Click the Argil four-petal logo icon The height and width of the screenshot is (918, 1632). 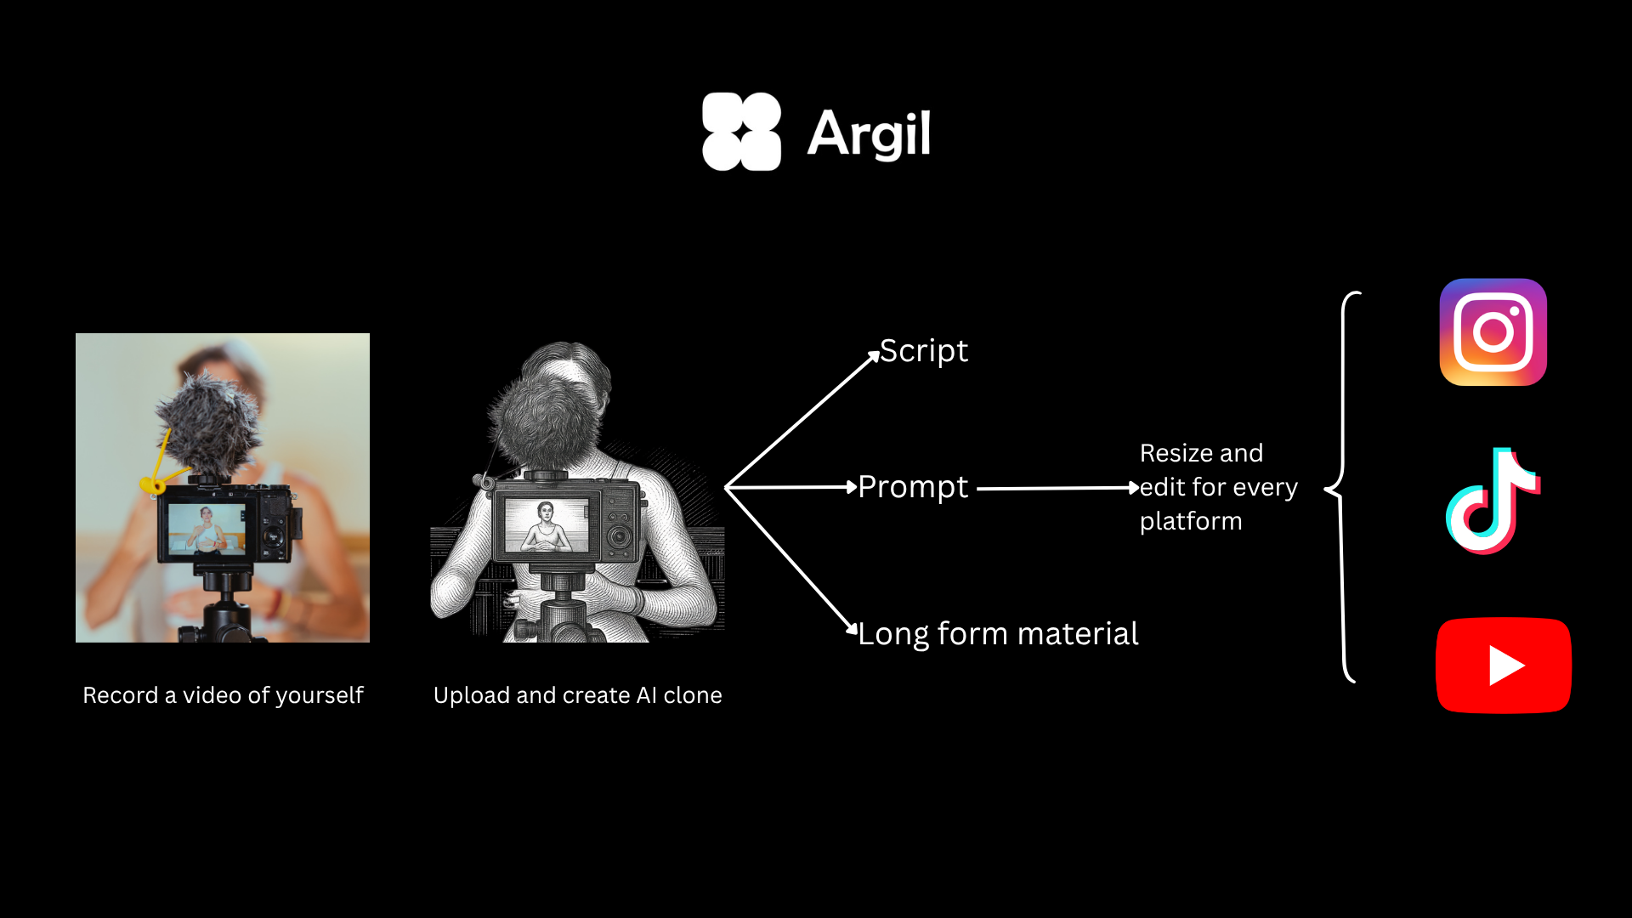(x=741, y=132)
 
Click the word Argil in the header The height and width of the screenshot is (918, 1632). (x=869, y=134)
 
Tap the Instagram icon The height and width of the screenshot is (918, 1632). (x=1493, y=332)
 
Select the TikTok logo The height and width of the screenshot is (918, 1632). (x=1493, y=501)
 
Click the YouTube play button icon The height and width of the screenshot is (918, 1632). (x=1503, y=666)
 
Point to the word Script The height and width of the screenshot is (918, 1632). (x=923, y=351)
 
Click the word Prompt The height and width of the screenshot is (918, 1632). (x=913, y=488)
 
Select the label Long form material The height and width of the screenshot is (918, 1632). (x=998, y=634)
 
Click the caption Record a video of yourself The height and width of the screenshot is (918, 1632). (x=223, y=695)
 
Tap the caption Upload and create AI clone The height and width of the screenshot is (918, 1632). (x=577, y=695)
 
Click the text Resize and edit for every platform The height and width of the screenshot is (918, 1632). (x=1218, y=487)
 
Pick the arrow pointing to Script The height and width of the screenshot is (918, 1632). (x=802, y=419)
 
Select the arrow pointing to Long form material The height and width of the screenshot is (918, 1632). (x=791, y=561)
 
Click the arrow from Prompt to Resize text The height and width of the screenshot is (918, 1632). (x=1058, y=489)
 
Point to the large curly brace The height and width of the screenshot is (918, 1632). (x=1342, y=487)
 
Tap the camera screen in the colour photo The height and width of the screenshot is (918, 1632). (x=207, y=529)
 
